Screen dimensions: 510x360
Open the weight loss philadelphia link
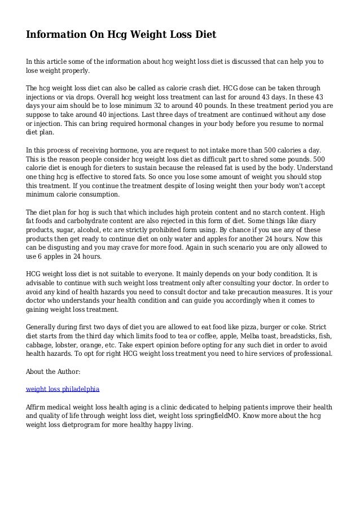click(63, 389)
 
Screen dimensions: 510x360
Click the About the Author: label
click(53, 372)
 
